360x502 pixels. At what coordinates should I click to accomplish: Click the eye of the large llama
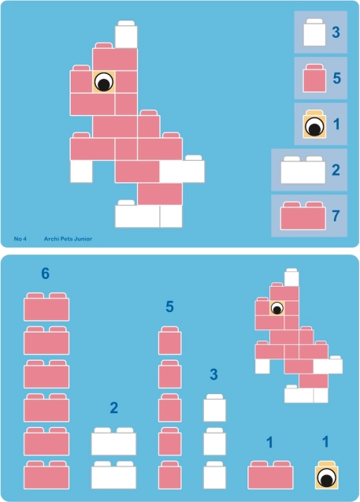[104, 82]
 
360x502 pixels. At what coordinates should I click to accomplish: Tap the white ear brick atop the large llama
[126, 34]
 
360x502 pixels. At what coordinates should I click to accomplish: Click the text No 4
[20, 239]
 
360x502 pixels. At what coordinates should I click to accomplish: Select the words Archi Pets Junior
[68, 239]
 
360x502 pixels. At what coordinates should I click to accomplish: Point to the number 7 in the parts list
[336, 215]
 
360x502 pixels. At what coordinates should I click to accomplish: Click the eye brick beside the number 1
[314, 125]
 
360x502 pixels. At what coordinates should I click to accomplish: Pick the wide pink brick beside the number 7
[303, 216]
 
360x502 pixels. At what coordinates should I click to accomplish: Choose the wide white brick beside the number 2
[303, 170]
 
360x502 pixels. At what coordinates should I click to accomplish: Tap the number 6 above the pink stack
[46, 273]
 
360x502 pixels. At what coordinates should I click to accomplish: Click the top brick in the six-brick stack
[46, 307]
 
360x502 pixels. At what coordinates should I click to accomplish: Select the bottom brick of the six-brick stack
[46, 475]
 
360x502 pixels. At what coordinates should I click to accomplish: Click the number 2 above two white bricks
[114, 408]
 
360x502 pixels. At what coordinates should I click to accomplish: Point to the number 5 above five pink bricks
[169, 307]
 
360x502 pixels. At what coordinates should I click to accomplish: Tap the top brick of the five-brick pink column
[169, 340]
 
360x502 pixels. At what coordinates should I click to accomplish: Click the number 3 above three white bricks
[213, 374]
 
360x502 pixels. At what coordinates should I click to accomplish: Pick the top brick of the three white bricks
[215, 408]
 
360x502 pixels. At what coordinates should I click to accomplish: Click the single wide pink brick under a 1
[270, 475]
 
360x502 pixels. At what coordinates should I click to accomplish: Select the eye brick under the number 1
[327, 475]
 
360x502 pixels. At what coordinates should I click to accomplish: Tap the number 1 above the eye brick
[325, 442]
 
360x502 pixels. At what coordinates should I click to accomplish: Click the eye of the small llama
[276, 308]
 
